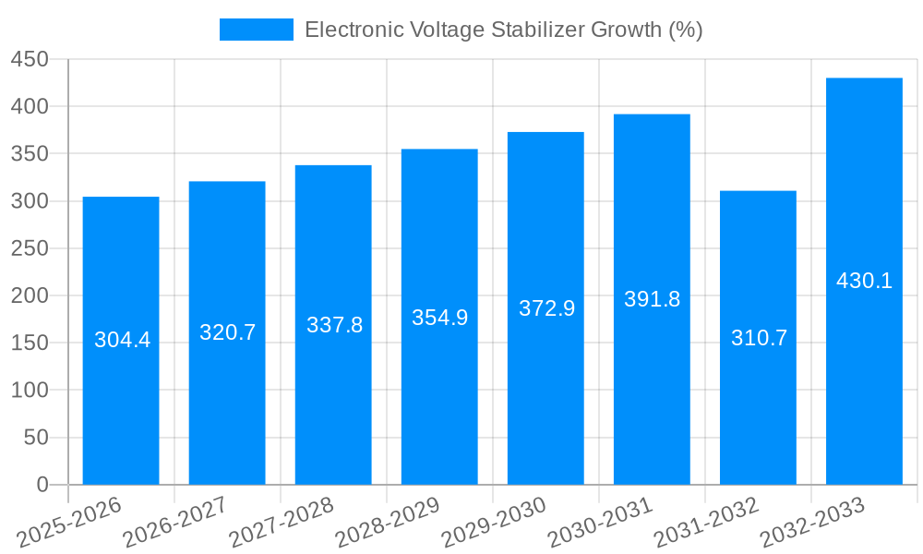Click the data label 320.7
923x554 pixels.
coord(227,332)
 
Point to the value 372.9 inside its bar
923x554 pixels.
coord(546,308)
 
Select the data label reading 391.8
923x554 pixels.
coord(652,299)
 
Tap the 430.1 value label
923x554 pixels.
coord(864,281)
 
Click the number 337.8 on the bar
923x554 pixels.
coord(334,325)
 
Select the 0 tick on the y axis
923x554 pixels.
coord(42,485)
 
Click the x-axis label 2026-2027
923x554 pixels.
coord(175,520)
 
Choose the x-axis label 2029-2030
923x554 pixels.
coord(494,520)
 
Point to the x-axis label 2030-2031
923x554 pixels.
coord(600,520)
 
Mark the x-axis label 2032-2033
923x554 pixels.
coord(812,520)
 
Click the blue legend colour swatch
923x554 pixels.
coord(256,30)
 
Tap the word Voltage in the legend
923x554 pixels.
coord(447,30)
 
